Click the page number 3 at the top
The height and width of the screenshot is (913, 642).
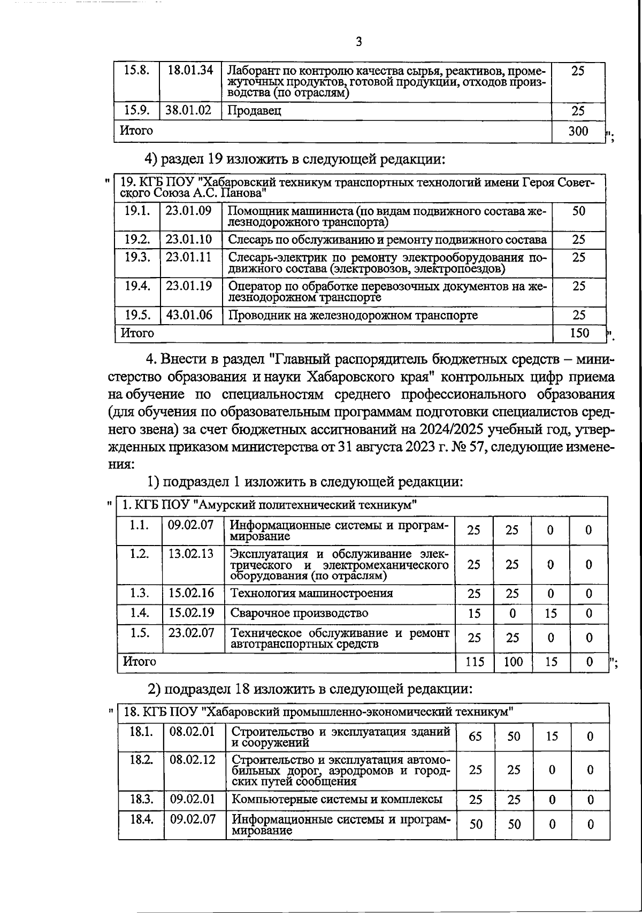tap(358, 42)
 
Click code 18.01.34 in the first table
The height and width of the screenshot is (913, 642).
tap(190, 70)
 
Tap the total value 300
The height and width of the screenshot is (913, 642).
tap(578, 131)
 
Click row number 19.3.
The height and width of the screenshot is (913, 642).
tap(137, 257)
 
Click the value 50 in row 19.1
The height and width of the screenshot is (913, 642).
tap(578, 211)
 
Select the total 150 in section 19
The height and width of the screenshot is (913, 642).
tap(579, 333)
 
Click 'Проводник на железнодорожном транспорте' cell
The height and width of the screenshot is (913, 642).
tap(353, 315)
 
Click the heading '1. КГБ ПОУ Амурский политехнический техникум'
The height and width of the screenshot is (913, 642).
tap(270, 505)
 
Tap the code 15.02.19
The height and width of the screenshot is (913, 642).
tap(191, 613)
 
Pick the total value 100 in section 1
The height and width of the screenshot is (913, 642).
tap(513, 662)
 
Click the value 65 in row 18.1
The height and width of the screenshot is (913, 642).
tap(475, 736)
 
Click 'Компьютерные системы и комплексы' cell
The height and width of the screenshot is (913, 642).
tap(337, 799)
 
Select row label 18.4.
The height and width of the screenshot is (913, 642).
tap(141, 819)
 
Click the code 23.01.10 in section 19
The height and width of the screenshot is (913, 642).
tap(189, 239)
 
